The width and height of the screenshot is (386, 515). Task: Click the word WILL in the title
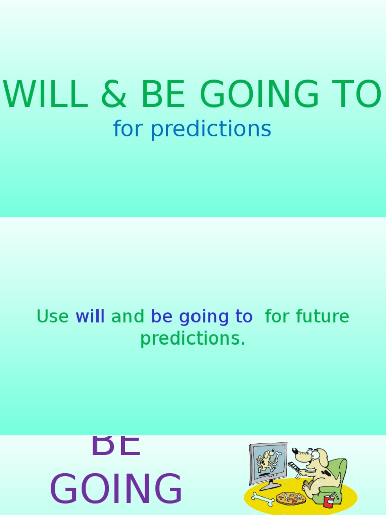coord(45,95)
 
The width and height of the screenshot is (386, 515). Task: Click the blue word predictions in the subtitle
coord(211,129)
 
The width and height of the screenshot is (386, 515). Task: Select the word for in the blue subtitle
coord(129,129)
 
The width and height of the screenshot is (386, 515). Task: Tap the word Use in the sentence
coord(52,317)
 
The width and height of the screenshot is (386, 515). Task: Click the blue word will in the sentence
coord(90,317)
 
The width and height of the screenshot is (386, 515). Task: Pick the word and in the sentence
coord(127,317)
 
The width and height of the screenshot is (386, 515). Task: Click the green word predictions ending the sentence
coord(192,338)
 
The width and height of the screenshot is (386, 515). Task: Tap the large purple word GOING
coord(116,489)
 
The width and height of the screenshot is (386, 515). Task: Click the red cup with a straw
coord(329,501)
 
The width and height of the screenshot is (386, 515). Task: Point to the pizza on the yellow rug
coord(291,498)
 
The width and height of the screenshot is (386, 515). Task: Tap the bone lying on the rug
coord(262,499)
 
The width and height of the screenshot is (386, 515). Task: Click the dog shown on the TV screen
coord(266,460)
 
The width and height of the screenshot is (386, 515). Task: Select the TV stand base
coord(270,486)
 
